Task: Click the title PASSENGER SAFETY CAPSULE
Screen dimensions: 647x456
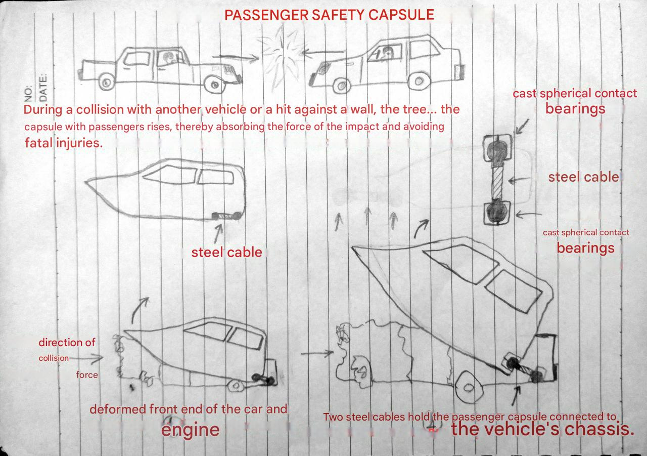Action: tap(329, 15)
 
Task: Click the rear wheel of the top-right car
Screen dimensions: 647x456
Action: tap(419, 81)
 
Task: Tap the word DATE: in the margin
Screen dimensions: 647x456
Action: tap(43, 88)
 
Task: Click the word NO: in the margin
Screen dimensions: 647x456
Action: tap(28, 94)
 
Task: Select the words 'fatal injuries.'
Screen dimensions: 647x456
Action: tap(64, 143)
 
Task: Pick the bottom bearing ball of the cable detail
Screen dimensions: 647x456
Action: tap(497, 214)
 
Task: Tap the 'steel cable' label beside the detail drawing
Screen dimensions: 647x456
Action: tap(583, 177)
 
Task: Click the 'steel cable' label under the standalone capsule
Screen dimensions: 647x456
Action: tap(227, 253)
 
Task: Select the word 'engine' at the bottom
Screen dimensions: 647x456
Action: tap(190, 430)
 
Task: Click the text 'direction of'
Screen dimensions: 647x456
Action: tap(67, 342)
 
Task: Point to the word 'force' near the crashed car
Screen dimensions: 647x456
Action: tap(87, 375)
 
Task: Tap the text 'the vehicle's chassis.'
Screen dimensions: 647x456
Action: tap(543, 429)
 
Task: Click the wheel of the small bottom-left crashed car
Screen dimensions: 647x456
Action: tap(235, 386)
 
